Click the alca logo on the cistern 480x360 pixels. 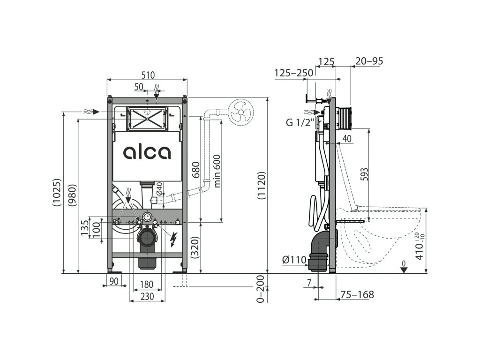click(147, 152)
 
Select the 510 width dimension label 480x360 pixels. click(148, 75)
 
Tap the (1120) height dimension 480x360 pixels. click(262, 186)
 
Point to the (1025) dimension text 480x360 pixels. click(57, 192)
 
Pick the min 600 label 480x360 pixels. click(217, 171)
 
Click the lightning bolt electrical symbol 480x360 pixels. click(173, 240)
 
